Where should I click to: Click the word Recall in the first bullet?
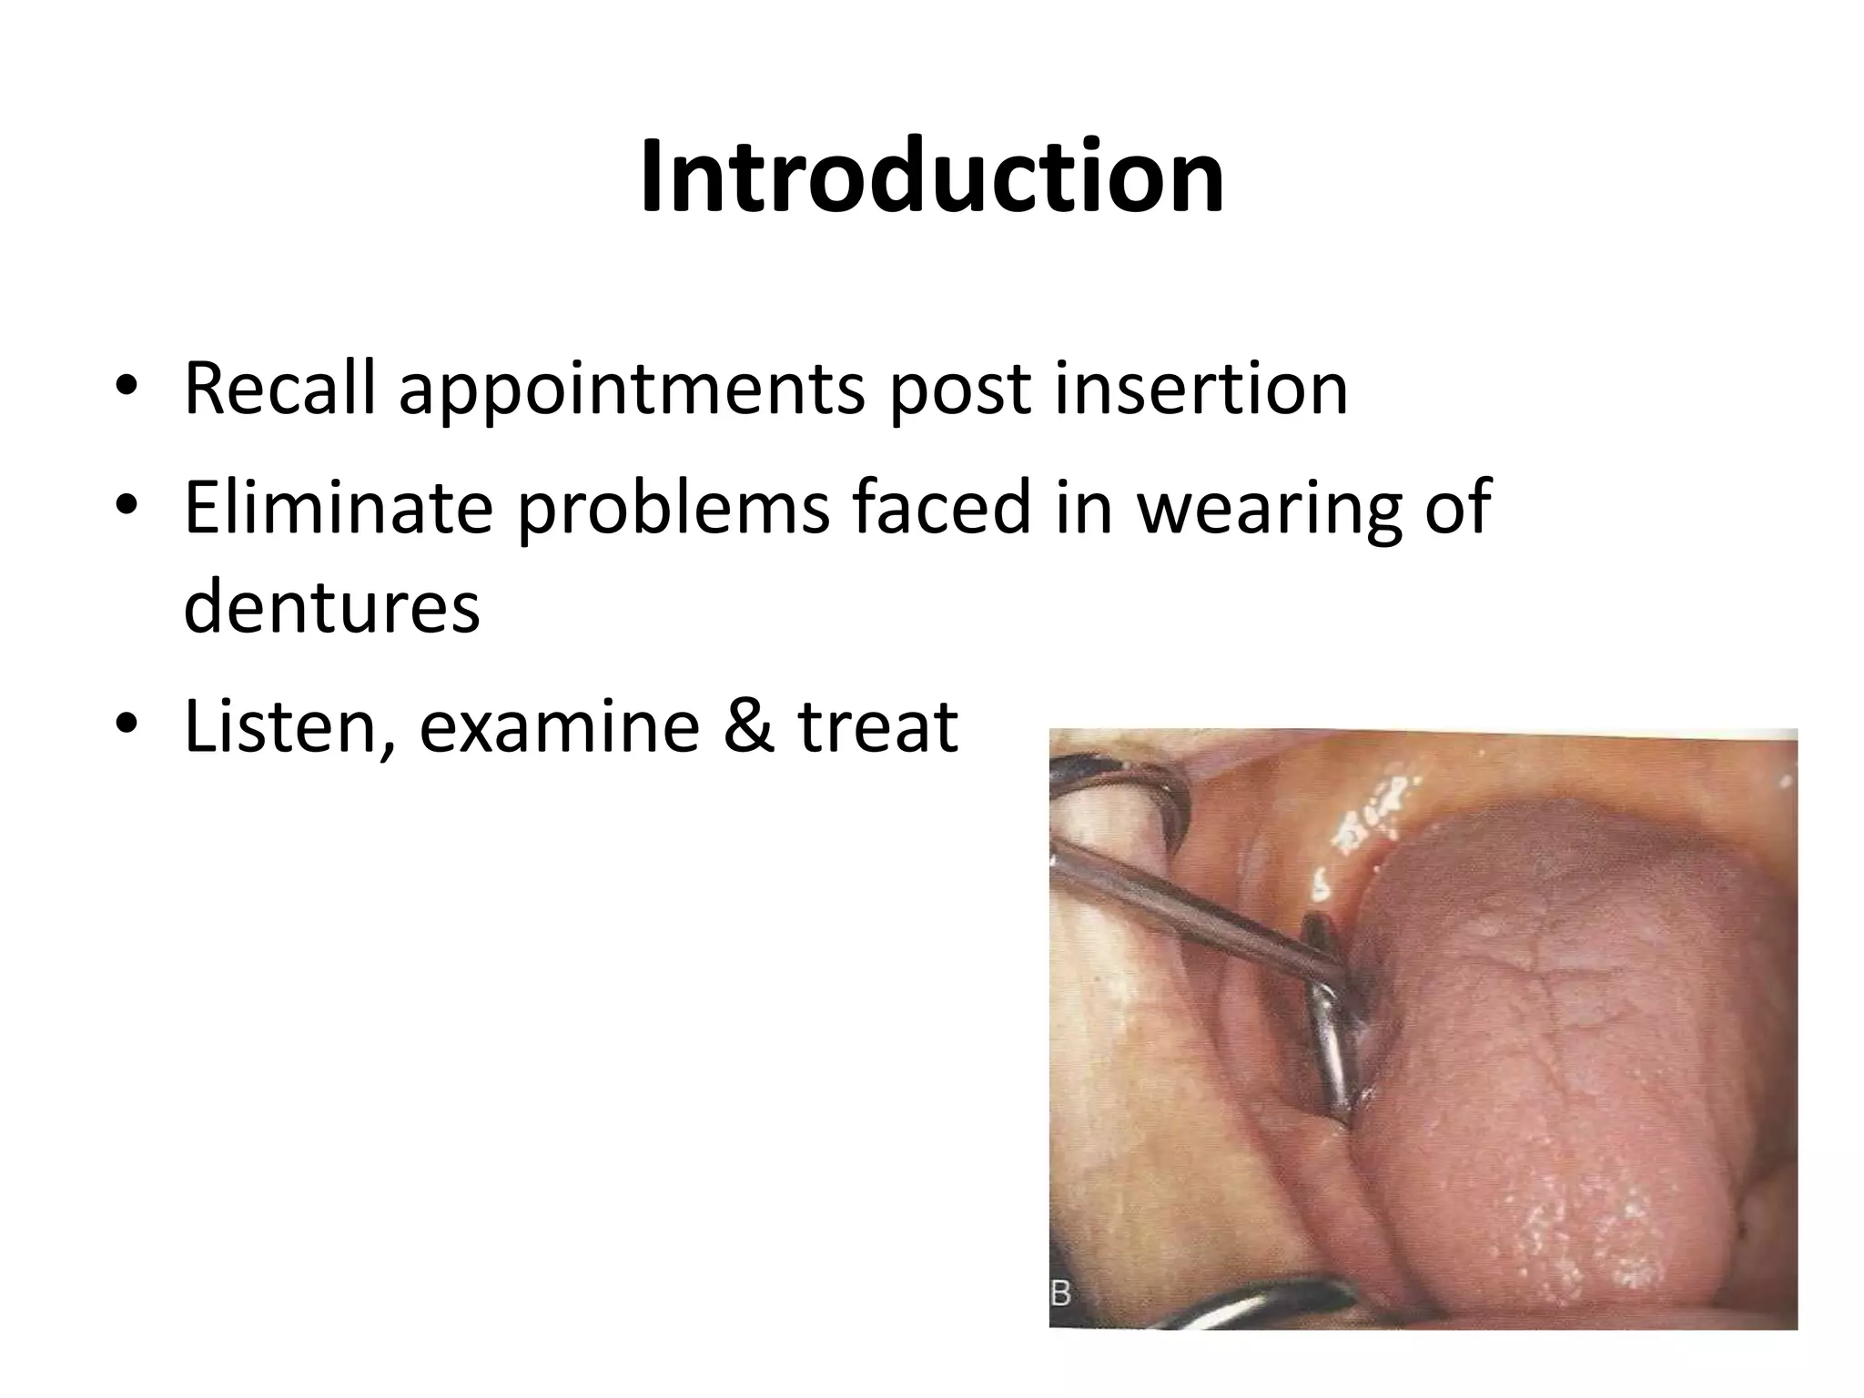(279, 390)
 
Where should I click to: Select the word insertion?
(1200, 390)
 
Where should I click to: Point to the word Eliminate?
(338, 507)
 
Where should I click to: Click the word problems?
(674, 508)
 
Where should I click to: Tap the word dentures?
(331, 607)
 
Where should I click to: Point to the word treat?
(877, 728)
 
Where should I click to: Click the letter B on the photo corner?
(1060, 1292)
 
